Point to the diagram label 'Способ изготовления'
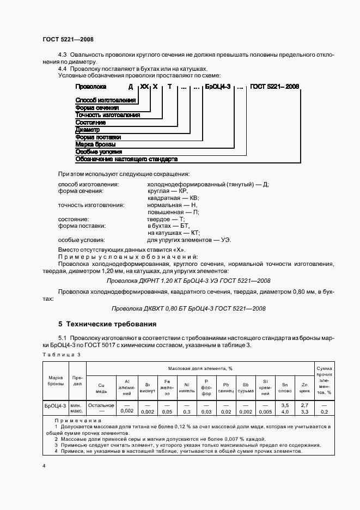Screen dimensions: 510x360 106,100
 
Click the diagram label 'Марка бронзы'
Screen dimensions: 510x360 95,144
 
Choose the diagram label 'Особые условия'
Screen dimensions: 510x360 99,152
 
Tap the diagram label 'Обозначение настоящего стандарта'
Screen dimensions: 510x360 126,159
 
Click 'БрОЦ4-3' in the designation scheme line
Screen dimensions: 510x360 217,87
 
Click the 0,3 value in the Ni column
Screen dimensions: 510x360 186,412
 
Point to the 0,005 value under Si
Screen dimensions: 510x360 265,412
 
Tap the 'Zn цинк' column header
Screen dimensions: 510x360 304,387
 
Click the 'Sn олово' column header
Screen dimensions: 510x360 285,387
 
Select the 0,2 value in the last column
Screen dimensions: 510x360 324,412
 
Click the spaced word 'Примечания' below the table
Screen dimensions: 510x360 78,421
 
